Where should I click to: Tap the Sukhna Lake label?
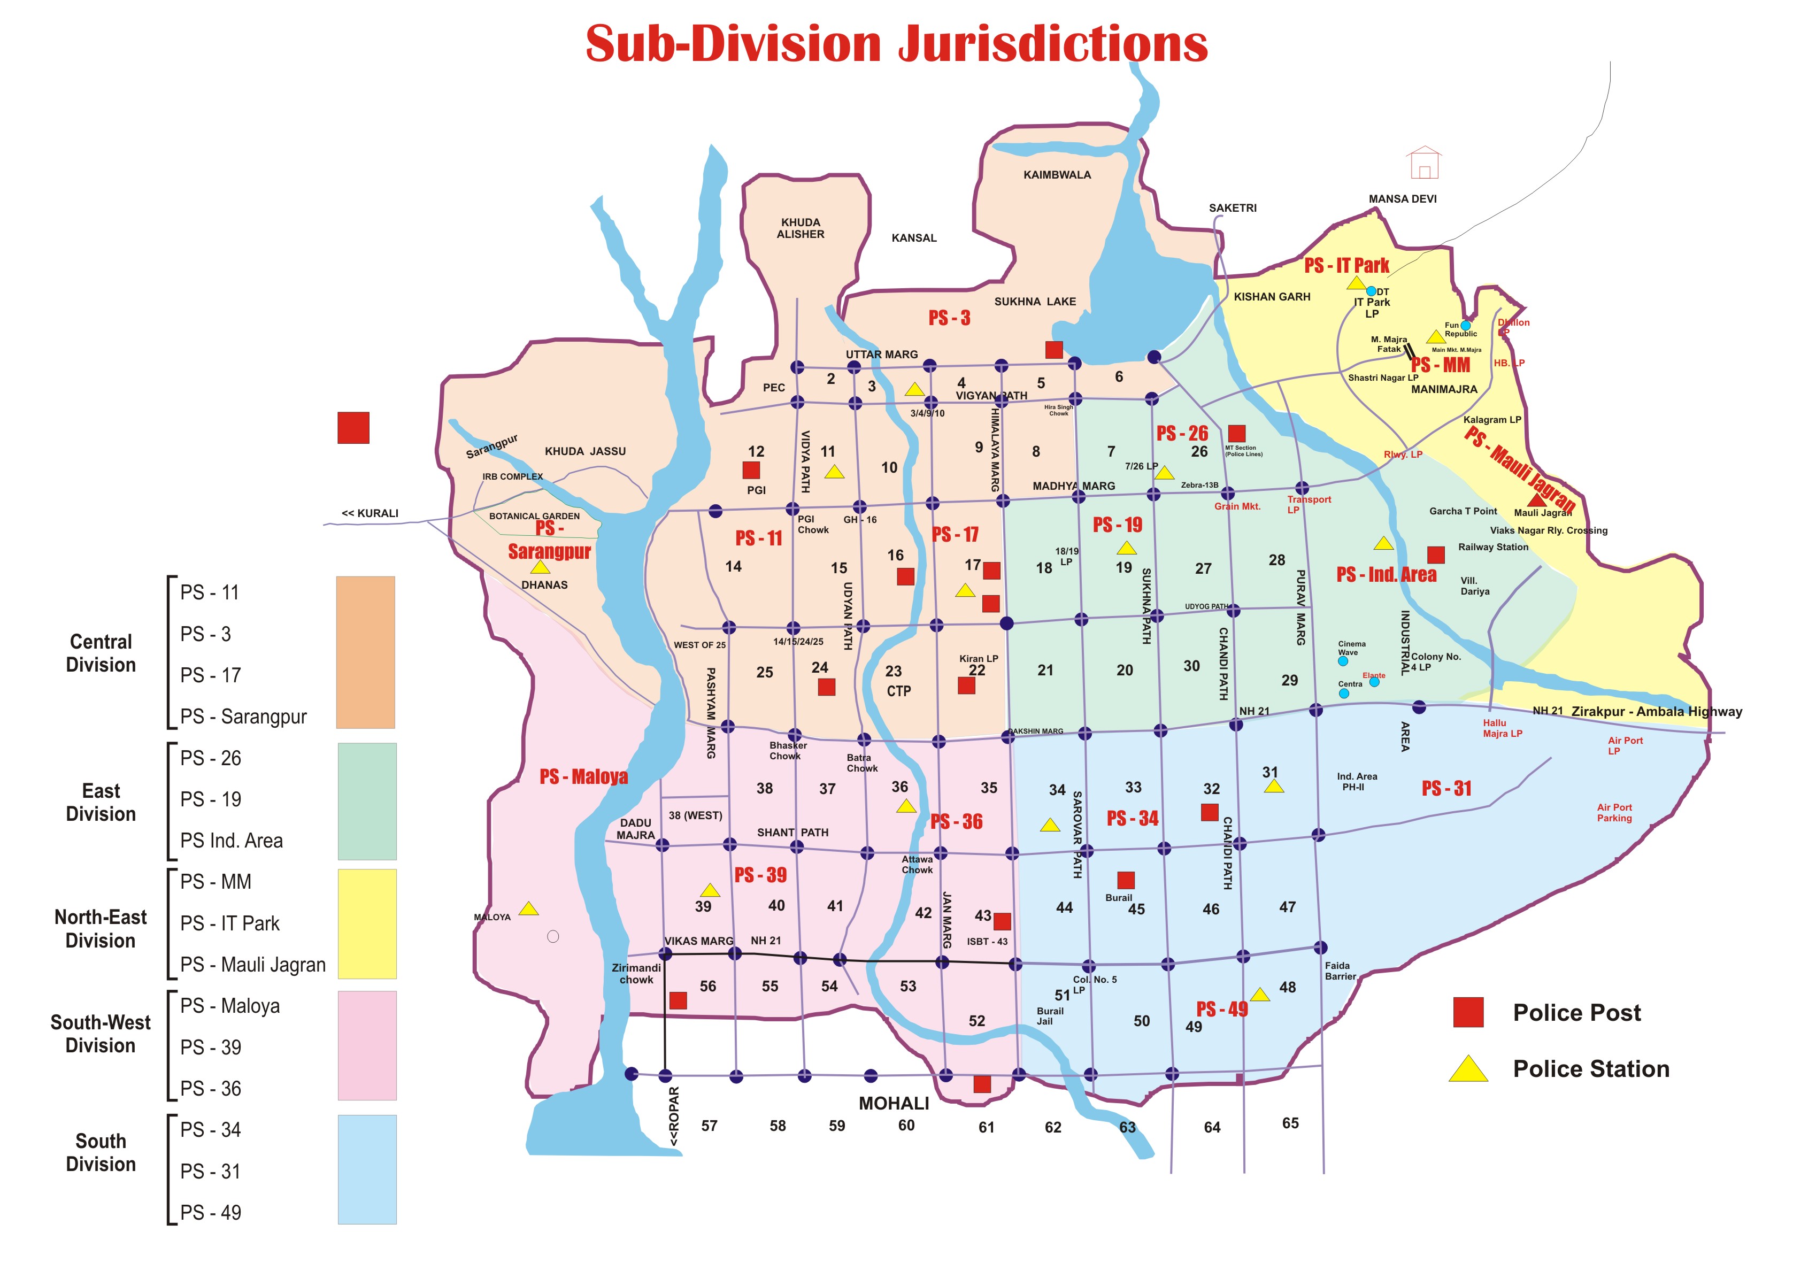pos(1034,301)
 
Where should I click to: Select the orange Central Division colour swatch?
pos(365,652)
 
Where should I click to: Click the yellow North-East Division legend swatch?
pos(367,923)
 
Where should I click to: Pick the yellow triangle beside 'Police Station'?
pos(1468,1069)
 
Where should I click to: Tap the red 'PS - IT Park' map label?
pos(1346,266)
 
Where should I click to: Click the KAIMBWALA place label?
pos(1057,175)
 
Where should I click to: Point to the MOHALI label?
pos(894,1104)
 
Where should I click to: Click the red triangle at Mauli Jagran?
pos(1536,499)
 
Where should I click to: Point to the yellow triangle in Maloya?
pos(529,909)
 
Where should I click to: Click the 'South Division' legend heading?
pos(101,1152)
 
